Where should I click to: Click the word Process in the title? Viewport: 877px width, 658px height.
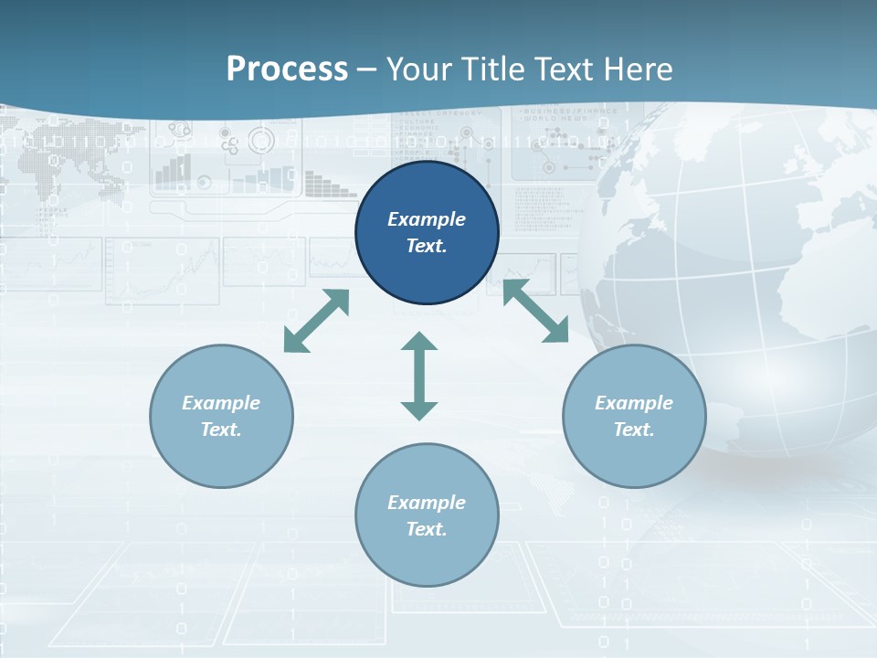[x=287, y=69]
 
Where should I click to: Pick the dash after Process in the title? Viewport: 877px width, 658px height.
[x=366, y=70]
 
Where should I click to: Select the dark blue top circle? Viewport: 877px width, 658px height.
[x=427, y=233]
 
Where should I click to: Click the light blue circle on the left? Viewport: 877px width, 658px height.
[x=221, y=416]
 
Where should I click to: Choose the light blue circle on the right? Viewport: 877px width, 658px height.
[x=634, y=416]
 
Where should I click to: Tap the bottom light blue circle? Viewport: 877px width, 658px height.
[x=427, y=515]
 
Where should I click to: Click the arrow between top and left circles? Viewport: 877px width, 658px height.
[x=316, y=321]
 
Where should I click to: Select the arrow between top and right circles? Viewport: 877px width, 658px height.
[x=536, y=311]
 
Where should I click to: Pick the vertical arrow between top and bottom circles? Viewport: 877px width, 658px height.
[x=419, y=377]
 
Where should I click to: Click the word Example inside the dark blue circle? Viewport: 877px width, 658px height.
[x=427, y=219]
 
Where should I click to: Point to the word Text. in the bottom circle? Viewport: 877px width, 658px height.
[x=427, y=529]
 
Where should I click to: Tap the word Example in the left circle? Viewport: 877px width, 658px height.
[x=221, y=403]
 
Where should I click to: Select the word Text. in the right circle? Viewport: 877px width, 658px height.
[x=634, y=430]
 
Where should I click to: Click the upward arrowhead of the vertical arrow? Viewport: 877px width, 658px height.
[x=419, y=341]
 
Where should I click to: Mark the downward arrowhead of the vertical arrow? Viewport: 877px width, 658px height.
[x=419, y=410]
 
